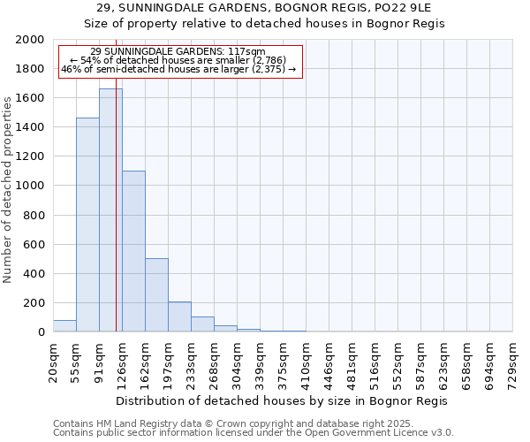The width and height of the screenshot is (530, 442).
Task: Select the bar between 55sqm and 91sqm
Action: click(87, 225)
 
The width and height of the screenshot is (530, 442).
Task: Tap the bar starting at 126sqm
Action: click(133, 251)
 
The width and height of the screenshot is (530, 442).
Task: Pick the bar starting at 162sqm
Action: click(156, 295)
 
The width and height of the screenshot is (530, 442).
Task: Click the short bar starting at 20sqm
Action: click(64, 326)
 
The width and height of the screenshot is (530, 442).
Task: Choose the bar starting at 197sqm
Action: click(179, 316)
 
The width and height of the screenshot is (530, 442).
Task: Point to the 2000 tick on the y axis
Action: click(31, 40)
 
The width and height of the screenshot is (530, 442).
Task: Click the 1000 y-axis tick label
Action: click(31, 186)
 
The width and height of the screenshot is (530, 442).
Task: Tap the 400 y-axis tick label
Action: click(34, 274)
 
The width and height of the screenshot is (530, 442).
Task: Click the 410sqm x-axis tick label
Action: click(306, 362)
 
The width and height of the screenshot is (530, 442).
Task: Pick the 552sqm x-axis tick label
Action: click(397, 362)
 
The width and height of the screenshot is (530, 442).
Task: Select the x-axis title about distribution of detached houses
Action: click(283, 400)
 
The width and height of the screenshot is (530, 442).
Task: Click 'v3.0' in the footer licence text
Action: click(441, 433)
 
